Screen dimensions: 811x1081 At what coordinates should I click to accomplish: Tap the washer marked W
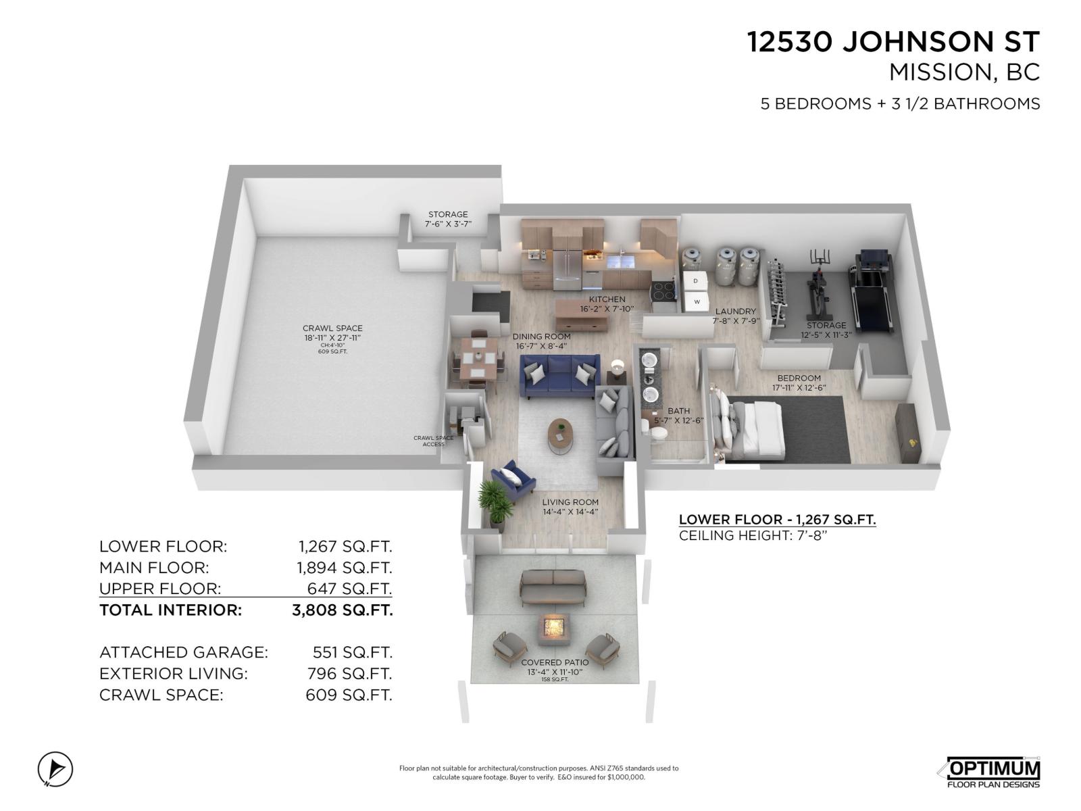(x=697, y=301)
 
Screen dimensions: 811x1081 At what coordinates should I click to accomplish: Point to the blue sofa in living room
(x=559, y=377)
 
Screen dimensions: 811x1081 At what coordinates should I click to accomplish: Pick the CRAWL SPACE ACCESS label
(x=434, y=441)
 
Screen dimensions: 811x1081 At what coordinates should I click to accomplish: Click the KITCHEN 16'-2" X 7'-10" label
(x=607, y=304)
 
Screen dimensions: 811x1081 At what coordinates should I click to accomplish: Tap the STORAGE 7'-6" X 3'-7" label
(x=447, y=218)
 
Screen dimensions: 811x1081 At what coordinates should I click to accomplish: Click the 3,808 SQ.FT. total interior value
(x=342, y=610)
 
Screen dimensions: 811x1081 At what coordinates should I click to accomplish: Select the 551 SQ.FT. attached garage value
(x=351, y=652)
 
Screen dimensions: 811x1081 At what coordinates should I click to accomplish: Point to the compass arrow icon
(x=55, y=769)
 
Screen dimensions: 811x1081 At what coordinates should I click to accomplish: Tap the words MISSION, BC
(x=964, y=72)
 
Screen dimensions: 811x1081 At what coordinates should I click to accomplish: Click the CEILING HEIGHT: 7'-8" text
(x=753, y=536)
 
